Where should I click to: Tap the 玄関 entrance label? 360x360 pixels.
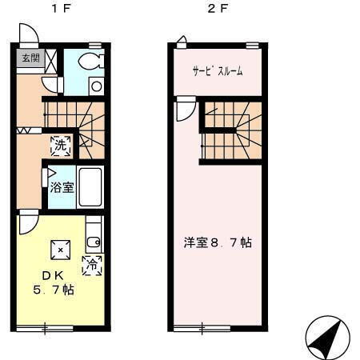point(30,58)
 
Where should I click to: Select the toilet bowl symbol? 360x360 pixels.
point(90,62)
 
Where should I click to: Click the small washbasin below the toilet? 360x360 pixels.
point(95,86)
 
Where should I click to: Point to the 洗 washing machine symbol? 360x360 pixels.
point(61,146)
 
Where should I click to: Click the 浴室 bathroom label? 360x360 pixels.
point(62,189)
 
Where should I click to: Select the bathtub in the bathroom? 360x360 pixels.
point(90,188)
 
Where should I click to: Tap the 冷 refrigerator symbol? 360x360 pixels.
point(93,262)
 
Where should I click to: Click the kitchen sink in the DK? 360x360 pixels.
point(93,236)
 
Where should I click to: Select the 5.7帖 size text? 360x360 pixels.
point(54,290)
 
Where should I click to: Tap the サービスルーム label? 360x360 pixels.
point(217,71)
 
